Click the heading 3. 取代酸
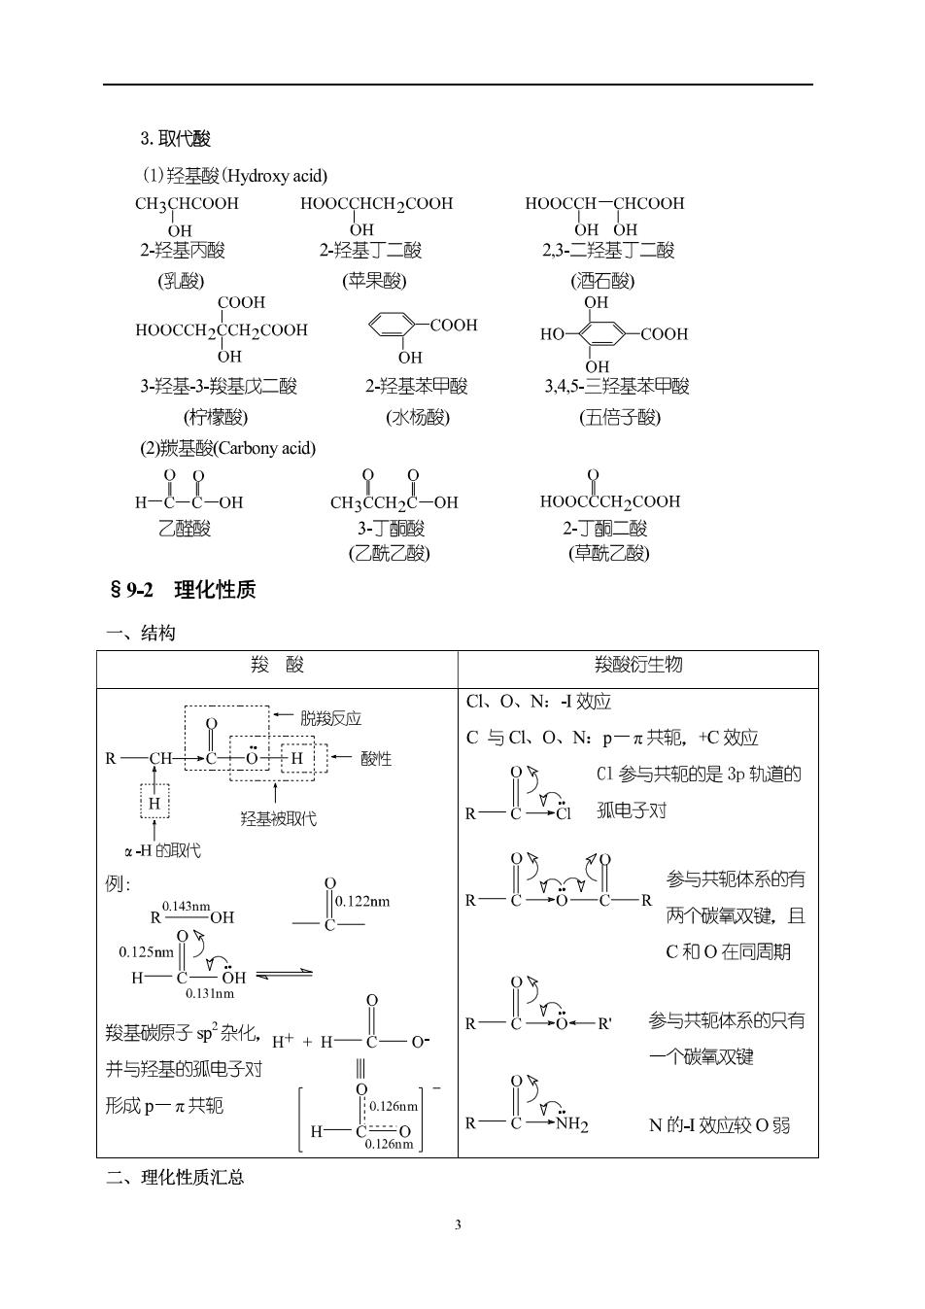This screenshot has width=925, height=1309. click(x=175, y=139)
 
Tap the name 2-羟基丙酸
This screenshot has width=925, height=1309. click(x=183, y=250)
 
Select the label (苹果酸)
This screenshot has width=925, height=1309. click(x=374, y=281)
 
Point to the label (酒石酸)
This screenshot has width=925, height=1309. click(x=602, y=281)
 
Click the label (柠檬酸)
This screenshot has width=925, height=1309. click(x=216, y=417)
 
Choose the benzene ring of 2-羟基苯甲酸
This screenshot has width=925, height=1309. click(x=392, y=325)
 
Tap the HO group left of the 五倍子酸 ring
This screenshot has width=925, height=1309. click(x=552, y=334)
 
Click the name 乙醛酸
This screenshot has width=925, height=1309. click(x=184, y=529)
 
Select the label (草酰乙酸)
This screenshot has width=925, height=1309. click(x=609, y=553)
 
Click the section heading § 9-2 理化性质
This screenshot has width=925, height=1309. click(x=183, y=590)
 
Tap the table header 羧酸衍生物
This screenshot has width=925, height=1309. click(x=638, y=665)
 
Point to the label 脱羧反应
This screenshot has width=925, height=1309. click(x=330, y=718)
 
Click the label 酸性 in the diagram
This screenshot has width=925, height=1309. click(x=376, y=759)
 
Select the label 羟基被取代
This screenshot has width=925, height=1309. click(x=278, y=818)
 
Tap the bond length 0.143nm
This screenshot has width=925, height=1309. click(x=186, y=907)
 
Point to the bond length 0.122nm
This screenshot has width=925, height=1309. click(x=362, y=901)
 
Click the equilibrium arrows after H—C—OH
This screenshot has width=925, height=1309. click(x=285, y=974)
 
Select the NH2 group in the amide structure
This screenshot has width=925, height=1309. click(x=571, y=1123)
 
